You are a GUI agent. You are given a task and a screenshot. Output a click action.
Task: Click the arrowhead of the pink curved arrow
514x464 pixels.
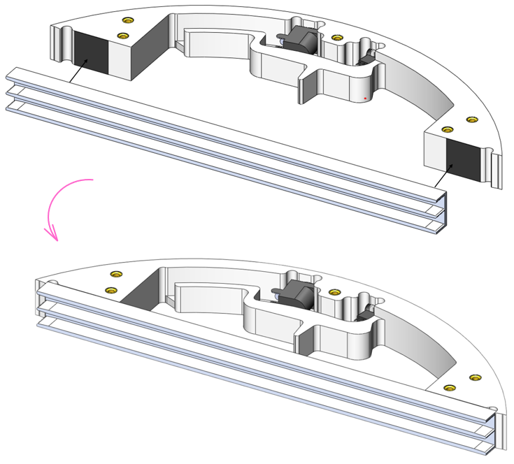coord(53,235)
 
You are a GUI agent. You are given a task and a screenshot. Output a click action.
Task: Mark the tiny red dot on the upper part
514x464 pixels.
coord(365,99)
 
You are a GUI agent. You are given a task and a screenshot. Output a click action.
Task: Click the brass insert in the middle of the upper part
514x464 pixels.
coord(337,38)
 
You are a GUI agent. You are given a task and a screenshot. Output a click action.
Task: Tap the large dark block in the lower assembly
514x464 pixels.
coord(293,294)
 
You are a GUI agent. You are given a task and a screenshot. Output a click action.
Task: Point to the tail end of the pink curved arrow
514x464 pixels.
coord(91,181)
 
